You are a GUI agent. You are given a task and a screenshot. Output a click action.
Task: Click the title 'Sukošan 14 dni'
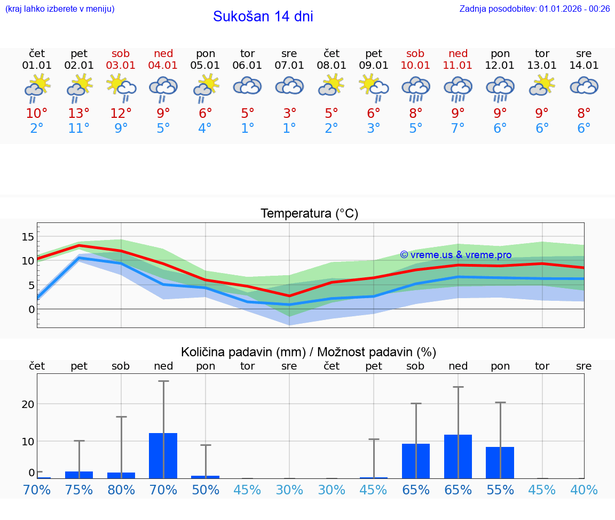(263, 17)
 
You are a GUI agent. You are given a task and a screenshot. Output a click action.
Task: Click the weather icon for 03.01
(121, 88)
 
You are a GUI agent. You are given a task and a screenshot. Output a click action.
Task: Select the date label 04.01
(163, 66)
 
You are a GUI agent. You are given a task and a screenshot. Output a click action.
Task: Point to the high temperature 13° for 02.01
(79, 114)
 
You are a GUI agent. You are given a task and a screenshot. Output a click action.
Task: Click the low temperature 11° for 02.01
(79, 129)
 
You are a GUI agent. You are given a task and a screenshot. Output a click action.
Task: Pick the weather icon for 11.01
(458, 88)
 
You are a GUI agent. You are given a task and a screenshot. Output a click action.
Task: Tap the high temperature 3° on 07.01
(289, 114)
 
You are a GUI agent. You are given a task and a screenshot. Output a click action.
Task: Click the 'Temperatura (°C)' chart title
(309, 214)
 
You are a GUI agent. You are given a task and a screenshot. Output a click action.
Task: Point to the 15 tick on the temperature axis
(28, 237)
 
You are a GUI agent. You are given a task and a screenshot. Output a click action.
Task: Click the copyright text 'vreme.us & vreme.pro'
(456, 255)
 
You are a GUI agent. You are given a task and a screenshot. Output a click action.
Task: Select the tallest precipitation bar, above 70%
(163, 455)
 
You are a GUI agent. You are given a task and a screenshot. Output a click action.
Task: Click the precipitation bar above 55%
(500, 462)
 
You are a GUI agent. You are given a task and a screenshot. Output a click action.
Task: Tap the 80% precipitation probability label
(121, 490)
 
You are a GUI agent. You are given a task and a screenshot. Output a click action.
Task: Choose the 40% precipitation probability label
(584, 490)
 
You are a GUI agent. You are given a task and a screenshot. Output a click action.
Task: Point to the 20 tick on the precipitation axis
(28, 404)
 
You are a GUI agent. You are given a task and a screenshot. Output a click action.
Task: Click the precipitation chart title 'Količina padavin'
(309, 352)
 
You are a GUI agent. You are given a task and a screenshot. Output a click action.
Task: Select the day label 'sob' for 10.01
(415, 53)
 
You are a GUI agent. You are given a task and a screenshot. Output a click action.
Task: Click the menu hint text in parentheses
(60, 9)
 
